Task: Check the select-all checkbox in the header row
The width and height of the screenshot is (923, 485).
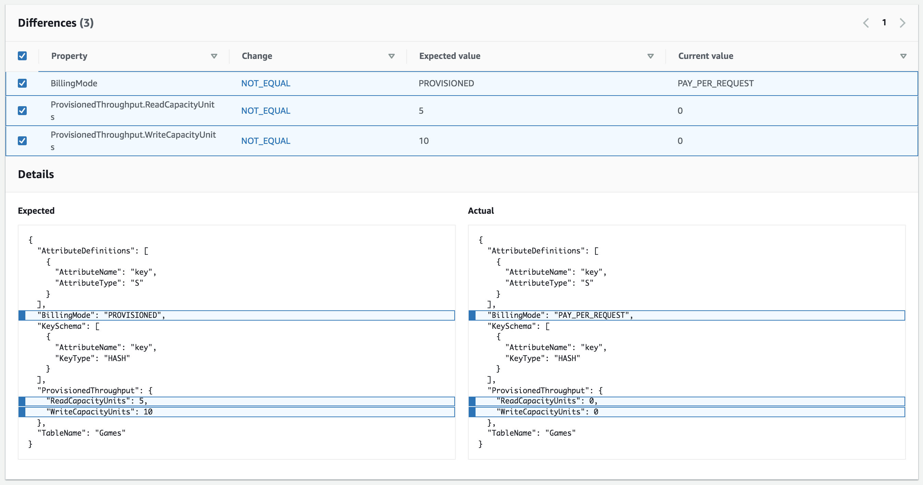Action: [22, 56]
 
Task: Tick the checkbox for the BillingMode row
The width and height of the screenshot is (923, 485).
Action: [22, 83]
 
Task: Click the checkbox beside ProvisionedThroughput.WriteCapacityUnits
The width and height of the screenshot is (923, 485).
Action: [22, 141]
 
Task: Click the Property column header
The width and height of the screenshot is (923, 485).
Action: [69, 56]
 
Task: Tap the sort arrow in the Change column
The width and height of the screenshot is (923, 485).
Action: [391, 56]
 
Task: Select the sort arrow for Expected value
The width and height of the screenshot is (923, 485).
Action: [650, 56]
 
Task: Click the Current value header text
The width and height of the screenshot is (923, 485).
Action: [705, 56]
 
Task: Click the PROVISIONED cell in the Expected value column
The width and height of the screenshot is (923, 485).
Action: [446, 83]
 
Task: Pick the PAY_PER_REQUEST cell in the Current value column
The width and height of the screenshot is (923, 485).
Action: [715, 83]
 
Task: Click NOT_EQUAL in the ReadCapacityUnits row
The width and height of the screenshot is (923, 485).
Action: [266, 111]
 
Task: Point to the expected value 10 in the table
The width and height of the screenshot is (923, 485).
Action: [423, 141]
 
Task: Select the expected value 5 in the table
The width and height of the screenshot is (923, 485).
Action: [421, 111]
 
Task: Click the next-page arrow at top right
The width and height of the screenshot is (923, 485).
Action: [902, 23]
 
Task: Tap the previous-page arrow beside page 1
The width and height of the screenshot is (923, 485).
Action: [866, 23]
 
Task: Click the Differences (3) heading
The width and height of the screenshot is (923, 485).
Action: [56, 23]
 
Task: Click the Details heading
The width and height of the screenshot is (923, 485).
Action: [36, 174]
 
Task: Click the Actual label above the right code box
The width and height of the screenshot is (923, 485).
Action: [480, 211]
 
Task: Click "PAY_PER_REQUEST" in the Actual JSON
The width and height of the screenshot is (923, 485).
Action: [592, 315]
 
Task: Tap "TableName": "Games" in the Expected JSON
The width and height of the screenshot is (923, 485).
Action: [81, 433]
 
